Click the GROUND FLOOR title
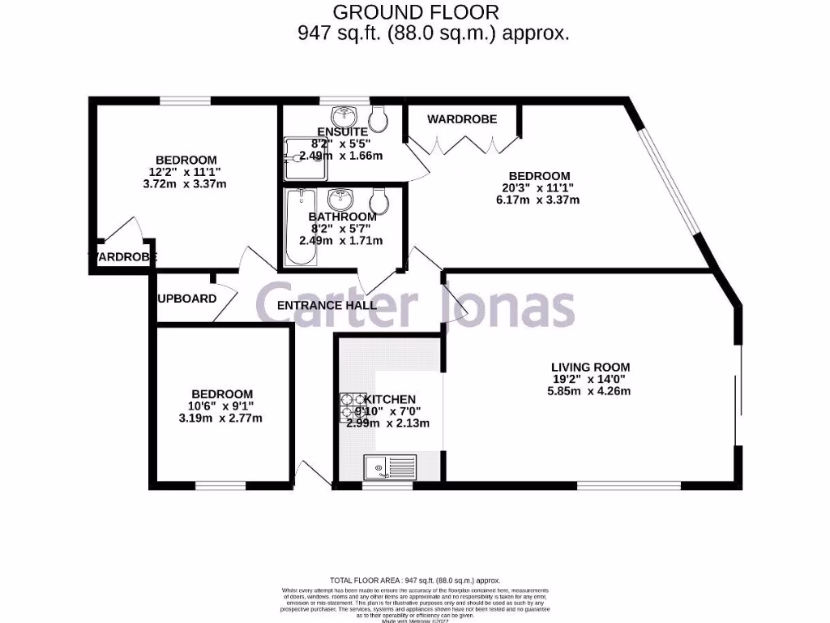click(416, 12)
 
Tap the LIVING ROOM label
click(590, 367)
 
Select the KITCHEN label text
click(391, 399)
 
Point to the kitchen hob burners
click(352, 406)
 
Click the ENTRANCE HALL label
click(327, 306)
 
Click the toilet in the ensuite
click(380, 118)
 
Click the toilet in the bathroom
click(378, 200)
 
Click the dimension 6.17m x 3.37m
click(539, 200)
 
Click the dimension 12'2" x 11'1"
click(186, 171)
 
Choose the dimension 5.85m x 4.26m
click(589, 391)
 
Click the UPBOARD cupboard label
click(187, 299)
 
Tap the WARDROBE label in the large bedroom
click(462, 119)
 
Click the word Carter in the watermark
click(334, 307)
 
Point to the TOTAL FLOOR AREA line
click(415, 581)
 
